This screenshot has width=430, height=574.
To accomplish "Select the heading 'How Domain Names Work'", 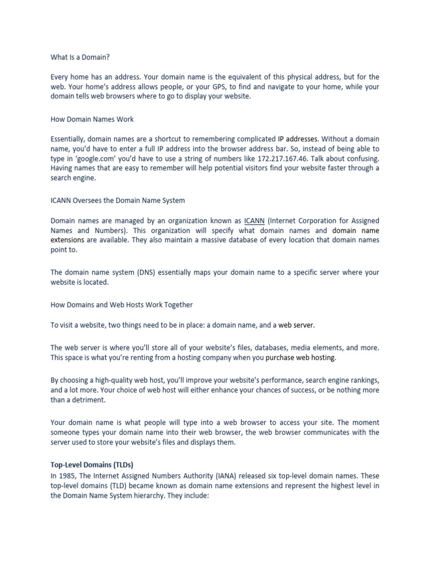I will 92,119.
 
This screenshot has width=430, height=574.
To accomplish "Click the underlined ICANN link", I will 255,221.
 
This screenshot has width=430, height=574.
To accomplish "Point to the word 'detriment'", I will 88,400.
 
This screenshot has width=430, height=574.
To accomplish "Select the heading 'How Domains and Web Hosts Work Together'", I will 121,305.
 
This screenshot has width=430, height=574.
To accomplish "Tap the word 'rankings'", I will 361,380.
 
